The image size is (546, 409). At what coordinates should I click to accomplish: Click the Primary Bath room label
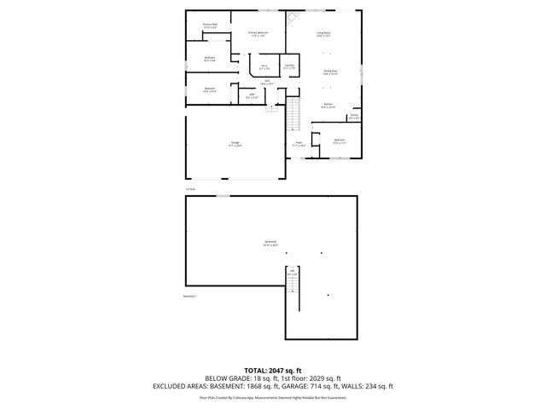pos(209,26)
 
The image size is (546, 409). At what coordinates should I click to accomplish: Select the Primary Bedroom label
pos(257,33)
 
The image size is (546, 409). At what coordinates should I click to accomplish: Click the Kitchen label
pos(328,106)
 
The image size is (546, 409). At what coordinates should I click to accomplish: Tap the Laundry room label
pos(289,66)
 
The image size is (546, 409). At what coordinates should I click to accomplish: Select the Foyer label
pos(299,144)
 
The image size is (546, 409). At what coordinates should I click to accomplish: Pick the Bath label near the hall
pos(253,96)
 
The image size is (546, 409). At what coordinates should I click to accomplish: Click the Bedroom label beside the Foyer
pos(339,141)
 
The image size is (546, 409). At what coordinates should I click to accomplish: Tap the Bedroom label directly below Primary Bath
pos(209,59)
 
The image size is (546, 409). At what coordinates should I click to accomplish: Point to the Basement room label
pos(270,243)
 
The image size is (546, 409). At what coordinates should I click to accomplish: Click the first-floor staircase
pos(295,112)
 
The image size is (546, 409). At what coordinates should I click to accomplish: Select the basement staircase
pos(293,297)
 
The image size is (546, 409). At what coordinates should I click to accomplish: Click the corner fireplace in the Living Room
pos(292,16)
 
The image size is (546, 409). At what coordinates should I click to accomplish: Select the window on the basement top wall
pos(222,196)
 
